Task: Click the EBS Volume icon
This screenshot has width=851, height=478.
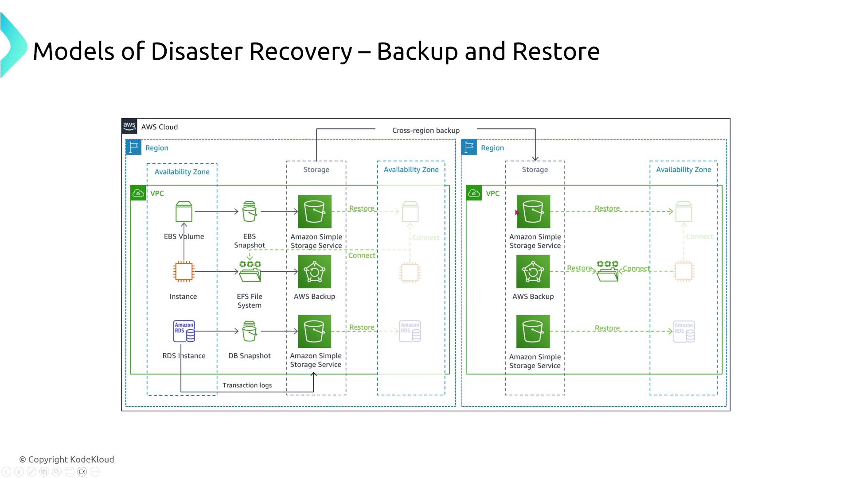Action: pos(183,212)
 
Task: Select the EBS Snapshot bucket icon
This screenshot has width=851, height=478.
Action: pos(250,212)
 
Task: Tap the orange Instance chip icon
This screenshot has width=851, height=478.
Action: pos(183,271)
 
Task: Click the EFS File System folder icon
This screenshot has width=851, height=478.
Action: pos(250,271)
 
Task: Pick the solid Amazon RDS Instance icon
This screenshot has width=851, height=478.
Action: pos(184,331)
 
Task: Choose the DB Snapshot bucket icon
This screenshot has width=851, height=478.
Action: pos(250,331)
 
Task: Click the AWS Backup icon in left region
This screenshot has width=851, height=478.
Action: pos(315,271)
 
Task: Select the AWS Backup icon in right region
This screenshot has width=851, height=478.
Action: pos(533,271)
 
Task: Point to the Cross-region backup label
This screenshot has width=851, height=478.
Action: pos(426,131)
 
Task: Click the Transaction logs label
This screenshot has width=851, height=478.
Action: pos(247,385)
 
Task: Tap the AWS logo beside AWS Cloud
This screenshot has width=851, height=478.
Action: pos(129,126)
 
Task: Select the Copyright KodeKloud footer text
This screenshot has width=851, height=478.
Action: pos(67,459)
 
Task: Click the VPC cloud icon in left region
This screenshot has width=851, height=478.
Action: pos(138,193)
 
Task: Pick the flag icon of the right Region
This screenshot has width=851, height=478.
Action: pos(469,147)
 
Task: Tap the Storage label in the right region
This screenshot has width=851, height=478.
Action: pos(535,170)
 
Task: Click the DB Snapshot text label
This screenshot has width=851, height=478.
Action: pos(250,356)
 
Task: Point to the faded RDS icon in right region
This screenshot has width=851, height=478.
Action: pos(683,332)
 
